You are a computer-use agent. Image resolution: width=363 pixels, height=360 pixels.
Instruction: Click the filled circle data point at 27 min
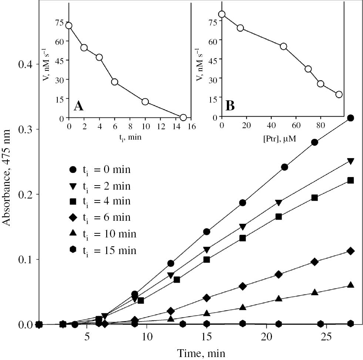tap(350, 118)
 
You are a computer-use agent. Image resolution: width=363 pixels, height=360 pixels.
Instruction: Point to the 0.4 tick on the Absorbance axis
tap(25, 64)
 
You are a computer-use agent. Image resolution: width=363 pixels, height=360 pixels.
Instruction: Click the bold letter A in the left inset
tap(79, 106)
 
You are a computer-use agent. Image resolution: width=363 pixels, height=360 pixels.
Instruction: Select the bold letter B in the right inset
tap(230, 106)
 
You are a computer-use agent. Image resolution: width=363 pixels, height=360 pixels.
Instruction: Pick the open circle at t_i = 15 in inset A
tap(183, 117)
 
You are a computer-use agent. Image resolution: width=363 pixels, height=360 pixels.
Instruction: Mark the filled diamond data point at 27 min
tap(350, 251)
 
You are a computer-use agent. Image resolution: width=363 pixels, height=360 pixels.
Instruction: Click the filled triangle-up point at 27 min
tap(350, 285)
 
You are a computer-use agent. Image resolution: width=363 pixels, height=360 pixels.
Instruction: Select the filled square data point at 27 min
tap(350, 180)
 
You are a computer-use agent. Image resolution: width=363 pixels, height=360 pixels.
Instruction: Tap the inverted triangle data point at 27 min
tap(350, 161)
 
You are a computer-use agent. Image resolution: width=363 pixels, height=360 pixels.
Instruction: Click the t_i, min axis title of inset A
tap(130, 137)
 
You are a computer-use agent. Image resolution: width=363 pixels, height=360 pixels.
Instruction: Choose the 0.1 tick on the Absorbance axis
tap(25, 259)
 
